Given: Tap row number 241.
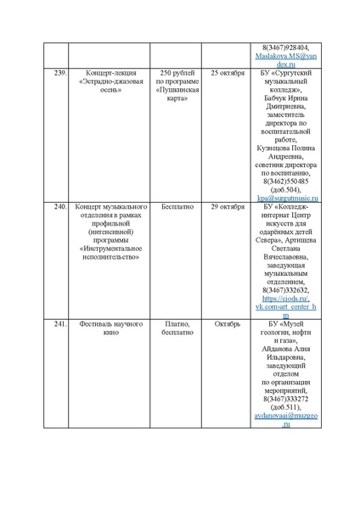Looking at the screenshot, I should (x=59, y=324).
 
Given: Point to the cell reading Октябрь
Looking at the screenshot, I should (x=227, y=324).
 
